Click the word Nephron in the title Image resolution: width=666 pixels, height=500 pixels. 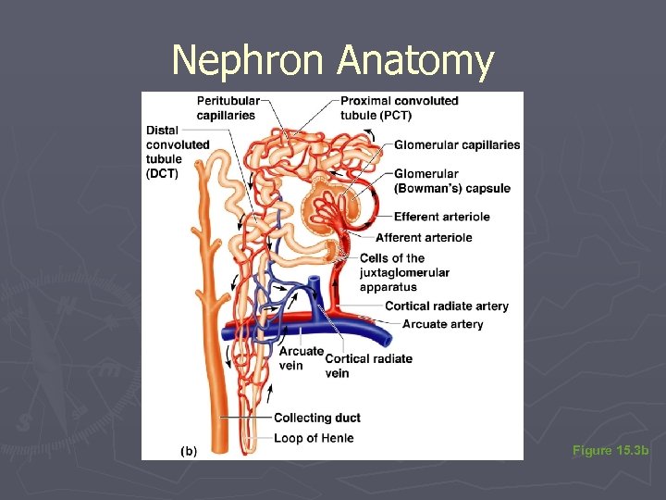point(251,61)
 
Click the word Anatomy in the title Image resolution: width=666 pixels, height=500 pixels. point(415,61)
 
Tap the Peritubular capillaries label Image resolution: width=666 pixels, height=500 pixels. point(228,107)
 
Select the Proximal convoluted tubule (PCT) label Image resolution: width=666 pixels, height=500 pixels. point(399,107)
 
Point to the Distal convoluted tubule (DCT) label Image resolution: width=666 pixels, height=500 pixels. point(177,152)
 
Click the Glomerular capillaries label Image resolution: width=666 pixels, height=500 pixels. point(457,144)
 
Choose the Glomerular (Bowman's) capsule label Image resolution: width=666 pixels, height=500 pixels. point(451,181)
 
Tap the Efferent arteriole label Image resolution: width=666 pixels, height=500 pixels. point(441,217)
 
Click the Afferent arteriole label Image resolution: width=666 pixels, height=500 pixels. point(424,238)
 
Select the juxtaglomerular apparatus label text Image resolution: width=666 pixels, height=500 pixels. point(404,272)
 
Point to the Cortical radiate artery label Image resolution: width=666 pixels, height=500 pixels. point(447,306)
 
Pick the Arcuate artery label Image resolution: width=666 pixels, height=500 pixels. point(442,324)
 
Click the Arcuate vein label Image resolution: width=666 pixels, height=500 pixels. point(301,357)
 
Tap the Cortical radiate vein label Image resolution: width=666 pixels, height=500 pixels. point(368,365)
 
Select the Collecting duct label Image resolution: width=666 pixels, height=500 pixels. point(317,419)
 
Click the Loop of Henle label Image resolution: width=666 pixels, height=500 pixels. point(314,437)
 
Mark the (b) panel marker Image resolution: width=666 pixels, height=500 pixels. point(187,451)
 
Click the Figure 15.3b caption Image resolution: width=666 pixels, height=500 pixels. point(610,451)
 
